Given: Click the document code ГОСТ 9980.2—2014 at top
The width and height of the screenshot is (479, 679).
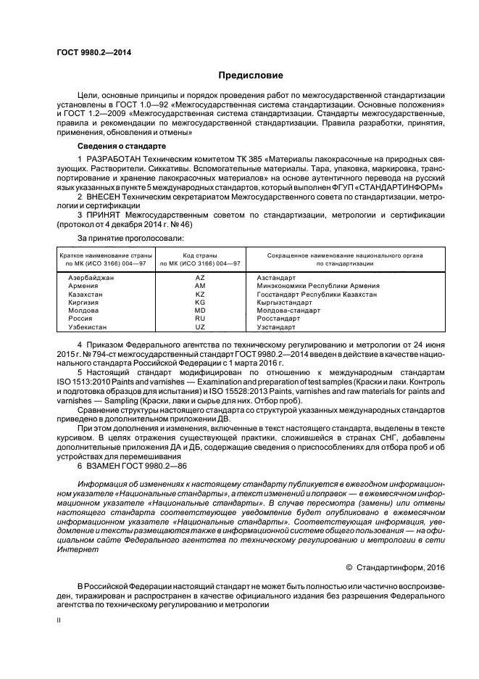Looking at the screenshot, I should (x=89, y=52).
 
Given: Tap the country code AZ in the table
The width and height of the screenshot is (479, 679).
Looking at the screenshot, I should (x=200, y=278).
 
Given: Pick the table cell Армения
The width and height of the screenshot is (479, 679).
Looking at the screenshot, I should (x=83, y=287).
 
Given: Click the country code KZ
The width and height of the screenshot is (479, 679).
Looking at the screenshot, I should (x=200, y=295).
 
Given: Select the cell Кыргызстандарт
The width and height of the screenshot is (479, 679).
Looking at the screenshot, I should (x=285, y=303).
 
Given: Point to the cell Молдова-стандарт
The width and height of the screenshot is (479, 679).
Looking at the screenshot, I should (x=288, y=310).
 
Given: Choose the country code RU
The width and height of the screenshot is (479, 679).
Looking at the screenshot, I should (x=200, y=318).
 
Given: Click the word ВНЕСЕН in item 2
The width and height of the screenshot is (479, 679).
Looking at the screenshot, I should (x=106, y=197).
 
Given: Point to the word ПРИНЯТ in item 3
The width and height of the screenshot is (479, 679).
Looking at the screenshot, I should (x=105, y=215).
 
